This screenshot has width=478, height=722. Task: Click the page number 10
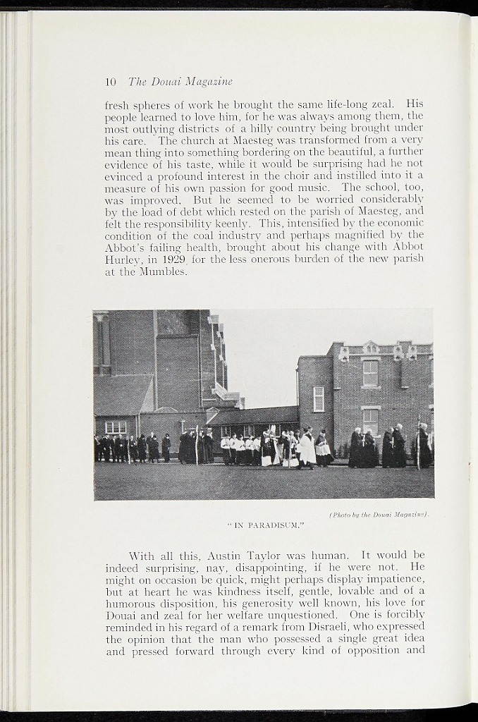tap(111, 82)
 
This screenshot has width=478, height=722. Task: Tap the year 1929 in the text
tap(173, 259)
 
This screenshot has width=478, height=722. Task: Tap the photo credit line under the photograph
tap(379, 515)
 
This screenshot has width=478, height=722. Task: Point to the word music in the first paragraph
tap(316, 188)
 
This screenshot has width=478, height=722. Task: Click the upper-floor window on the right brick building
tap(370, 373)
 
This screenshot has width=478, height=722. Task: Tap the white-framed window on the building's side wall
tap(319, 398)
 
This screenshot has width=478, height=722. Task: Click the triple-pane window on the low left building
tap(116, 427)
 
